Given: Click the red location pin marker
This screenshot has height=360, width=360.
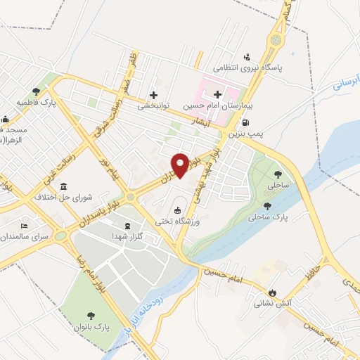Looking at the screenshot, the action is [x=181, y=165].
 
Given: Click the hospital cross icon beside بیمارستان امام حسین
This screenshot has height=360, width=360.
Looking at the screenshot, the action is [x=217, y=94].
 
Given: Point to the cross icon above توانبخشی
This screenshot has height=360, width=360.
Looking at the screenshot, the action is [x=153, y=95].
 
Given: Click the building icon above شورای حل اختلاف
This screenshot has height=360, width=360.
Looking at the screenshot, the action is [x=64, y=186].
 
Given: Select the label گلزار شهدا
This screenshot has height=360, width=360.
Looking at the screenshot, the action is [x=127, y=237].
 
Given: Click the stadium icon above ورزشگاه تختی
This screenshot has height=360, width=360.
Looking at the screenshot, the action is [x=177, y=211].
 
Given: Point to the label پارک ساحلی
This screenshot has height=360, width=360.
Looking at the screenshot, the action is [x=266, y=217].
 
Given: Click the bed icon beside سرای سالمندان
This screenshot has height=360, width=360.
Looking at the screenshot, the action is [x=25, y=226].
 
